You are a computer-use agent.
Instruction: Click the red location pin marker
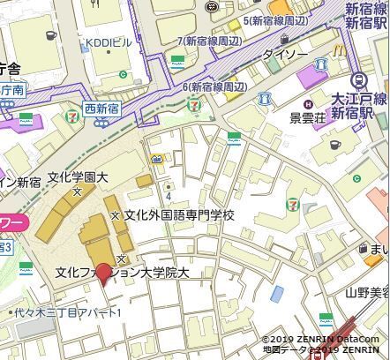point(104,274)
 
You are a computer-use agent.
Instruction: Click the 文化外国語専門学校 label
point(179,214)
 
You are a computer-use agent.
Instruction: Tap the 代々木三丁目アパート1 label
point(67,312)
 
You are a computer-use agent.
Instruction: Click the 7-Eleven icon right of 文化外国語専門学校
point(291,205)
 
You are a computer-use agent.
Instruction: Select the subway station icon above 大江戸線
point(357,80)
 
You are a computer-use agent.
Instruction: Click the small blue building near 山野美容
point(278,293)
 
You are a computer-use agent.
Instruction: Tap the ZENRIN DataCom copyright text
point(320,339)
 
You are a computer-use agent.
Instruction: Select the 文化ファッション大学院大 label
point(122,273)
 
